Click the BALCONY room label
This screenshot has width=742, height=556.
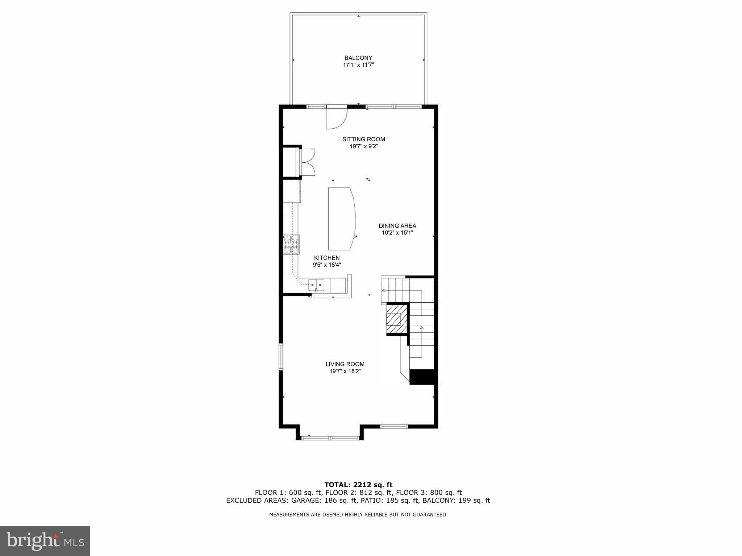358,58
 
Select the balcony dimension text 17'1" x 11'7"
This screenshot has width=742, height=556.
358,65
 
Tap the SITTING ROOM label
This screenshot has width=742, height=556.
363,139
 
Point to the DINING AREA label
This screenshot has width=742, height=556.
397,226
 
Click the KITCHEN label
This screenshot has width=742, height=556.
327,258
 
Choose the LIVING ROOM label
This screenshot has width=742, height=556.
345,364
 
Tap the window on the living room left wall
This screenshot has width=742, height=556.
281,357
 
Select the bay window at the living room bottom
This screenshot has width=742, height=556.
330,438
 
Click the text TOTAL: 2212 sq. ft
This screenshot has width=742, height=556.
358,485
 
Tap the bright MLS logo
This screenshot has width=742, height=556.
45,541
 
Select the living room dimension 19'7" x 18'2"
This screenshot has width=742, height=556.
345,372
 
